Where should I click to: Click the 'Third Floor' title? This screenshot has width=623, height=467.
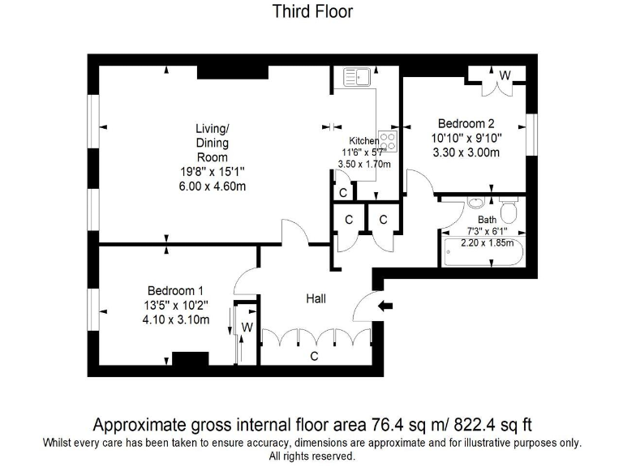(311, 11)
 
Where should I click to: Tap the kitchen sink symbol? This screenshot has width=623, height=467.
(357, 78)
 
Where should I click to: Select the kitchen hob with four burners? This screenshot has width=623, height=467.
(388, 142)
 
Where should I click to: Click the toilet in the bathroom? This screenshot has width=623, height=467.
(509, 213)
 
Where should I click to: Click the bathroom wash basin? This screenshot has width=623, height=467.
(477, 204)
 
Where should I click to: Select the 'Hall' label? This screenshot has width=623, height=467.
(316, 299)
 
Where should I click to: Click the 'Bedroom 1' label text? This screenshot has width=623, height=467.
(175, 290)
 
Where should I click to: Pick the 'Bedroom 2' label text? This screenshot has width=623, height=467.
(466, 124)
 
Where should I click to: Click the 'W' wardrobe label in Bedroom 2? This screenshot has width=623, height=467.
(505, 75)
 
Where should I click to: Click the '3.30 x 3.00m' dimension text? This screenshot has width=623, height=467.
(466, 152)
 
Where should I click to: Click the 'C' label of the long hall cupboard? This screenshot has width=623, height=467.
(313, 356)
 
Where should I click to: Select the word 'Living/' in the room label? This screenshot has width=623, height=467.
(212, 128)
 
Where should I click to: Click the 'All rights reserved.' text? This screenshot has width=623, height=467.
(311, 456)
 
